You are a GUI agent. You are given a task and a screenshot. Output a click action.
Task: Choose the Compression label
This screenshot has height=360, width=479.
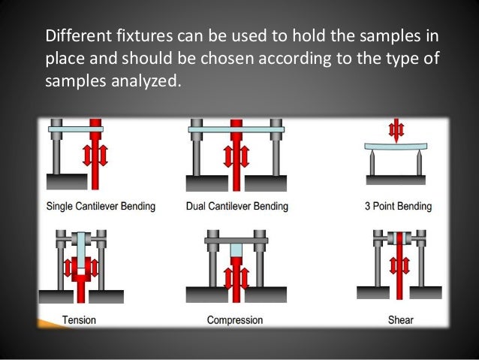[235, 320]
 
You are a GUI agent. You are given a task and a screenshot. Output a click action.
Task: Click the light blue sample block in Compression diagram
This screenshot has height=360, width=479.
[236, 251]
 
